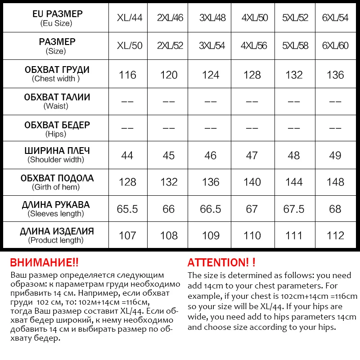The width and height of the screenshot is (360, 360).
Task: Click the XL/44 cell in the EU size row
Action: click(x=130, y=18)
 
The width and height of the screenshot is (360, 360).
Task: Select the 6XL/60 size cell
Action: click(x=335, y=46)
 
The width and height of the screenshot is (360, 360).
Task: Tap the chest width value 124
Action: click(x=211, y=75)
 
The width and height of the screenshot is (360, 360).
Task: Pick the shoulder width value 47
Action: click(x=252, y=155)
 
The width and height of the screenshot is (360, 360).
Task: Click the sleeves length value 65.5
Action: click(x=127, y=209)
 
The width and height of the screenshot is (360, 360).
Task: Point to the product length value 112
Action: click(x=335, y=235)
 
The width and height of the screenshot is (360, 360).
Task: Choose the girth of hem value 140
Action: click(x=252, y=182)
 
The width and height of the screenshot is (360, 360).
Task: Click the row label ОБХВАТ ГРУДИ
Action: click(x=57, y=70)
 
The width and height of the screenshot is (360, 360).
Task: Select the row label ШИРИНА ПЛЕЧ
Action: click(x=57, y=151)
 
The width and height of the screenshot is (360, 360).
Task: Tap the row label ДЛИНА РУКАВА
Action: click(x=56, y=205)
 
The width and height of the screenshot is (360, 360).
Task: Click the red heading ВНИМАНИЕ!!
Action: click(x=44, y=263)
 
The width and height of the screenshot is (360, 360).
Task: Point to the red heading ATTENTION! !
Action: click(x=221, y=263)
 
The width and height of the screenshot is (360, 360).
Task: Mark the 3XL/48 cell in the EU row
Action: click(x=212, y=18)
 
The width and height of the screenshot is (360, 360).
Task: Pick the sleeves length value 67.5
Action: click(x=293, y=209)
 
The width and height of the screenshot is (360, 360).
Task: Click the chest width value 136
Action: click(x=335, y=75)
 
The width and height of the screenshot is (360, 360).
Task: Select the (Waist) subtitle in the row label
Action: click(x=56, y=106)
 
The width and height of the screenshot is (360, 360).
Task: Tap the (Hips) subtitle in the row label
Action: click(x=56, y=134)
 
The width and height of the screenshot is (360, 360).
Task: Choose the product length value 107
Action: click(x=127, y=235)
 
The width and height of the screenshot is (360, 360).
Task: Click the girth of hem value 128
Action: click(x=127, y=182)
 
